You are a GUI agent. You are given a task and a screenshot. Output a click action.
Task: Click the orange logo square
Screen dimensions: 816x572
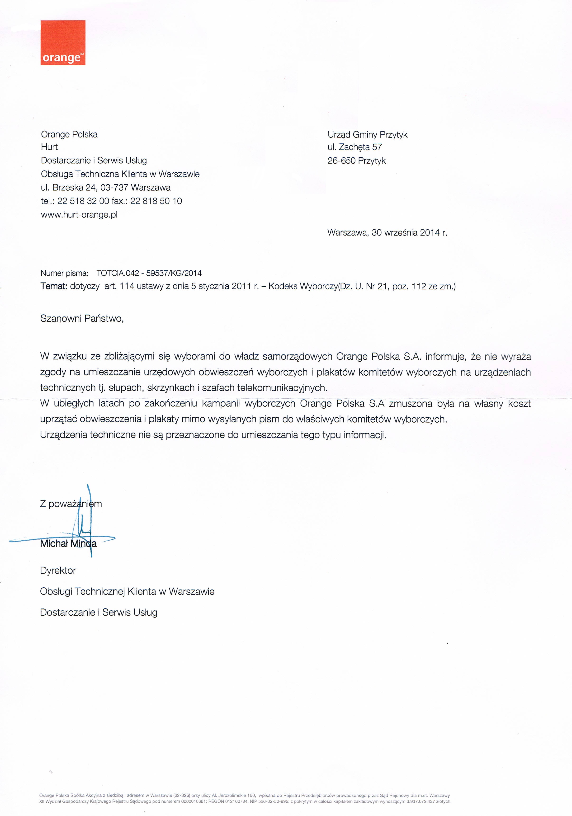click(x=63, y=43)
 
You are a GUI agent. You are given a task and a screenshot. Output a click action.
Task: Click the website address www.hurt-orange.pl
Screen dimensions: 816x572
click(x=79, y=215)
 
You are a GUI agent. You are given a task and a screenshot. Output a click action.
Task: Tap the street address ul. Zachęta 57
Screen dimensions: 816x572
click(x=355, y=147)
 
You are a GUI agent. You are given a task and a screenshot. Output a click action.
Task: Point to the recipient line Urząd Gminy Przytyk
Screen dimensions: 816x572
click(x=367, y=135)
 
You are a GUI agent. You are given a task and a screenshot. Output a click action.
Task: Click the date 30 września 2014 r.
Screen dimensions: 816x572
click(x=409, y=233)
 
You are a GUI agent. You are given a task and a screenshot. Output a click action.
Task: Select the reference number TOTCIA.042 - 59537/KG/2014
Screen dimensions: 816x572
click(x=149, y=273)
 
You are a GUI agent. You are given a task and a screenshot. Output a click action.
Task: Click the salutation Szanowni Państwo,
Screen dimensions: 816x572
click(x=82, y=318)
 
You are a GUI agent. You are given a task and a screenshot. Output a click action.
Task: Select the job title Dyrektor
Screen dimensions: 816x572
click(x=58, y=571)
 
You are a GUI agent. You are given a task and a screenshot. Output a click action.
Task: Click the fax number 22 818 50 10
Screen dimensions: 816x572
click(x=156, y=201)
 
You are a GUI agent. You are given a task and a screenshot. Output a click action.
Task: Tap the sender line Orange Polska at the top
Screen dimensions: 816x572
click(x=69, y=134)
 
